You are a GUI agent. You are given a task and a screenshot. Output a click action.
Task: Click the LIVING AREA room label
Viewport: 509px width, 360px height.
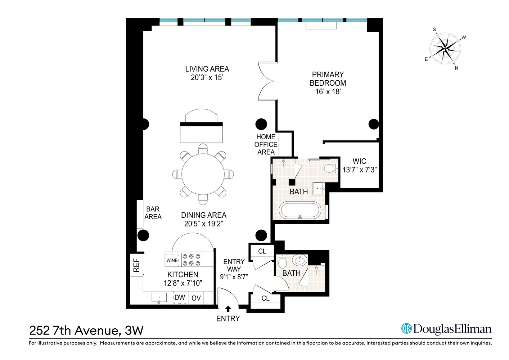207,69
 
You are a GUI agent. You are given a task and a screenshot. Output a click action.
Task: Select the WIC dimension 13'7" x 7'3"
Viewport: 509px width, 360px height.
359,170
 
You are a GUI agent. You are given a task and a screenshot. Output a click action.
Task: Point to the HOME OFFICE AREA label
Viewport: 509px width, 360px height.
266,144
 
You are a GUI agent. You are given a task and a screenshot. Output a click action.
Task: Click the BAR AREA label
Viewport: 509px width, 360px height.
153,213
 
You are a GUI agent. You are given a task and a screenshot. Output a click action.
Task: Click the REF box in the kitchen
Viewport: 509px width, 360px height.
136,265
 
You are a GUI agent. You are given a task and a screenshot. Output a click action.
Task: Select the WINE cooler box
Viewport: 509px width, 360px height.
172,260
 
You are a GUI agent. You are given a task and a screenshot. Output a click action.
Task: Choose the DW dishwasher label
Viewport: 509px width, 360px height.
180,298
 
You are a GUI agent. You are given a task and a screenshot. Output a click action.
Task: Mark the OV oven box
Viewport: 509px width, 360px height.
196,298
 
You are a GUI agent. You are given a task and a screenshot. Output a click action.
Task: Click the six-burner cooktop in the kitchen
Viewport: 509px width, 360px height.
191,260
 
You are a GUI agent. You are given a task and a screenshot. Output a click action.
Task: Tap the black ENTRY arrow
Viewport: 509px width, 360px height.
228,309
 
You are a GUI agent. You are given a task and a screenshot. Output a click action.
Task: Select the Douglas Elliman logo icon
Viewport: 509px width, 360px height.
406,328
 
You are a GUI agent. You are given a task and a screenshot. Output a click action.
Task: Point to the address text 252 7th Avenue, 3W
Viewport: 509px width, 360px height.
86,330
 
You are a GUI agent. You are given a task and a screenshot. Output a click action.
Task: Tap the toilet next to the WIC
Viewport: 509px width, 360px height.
330,168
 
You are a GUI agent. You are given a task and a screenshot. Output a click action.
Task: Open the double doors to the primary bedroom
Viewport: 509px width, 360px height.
267,81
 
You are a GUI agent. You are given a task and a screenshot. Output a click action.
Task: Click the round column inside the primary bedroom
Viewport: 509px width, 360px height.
374,124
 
